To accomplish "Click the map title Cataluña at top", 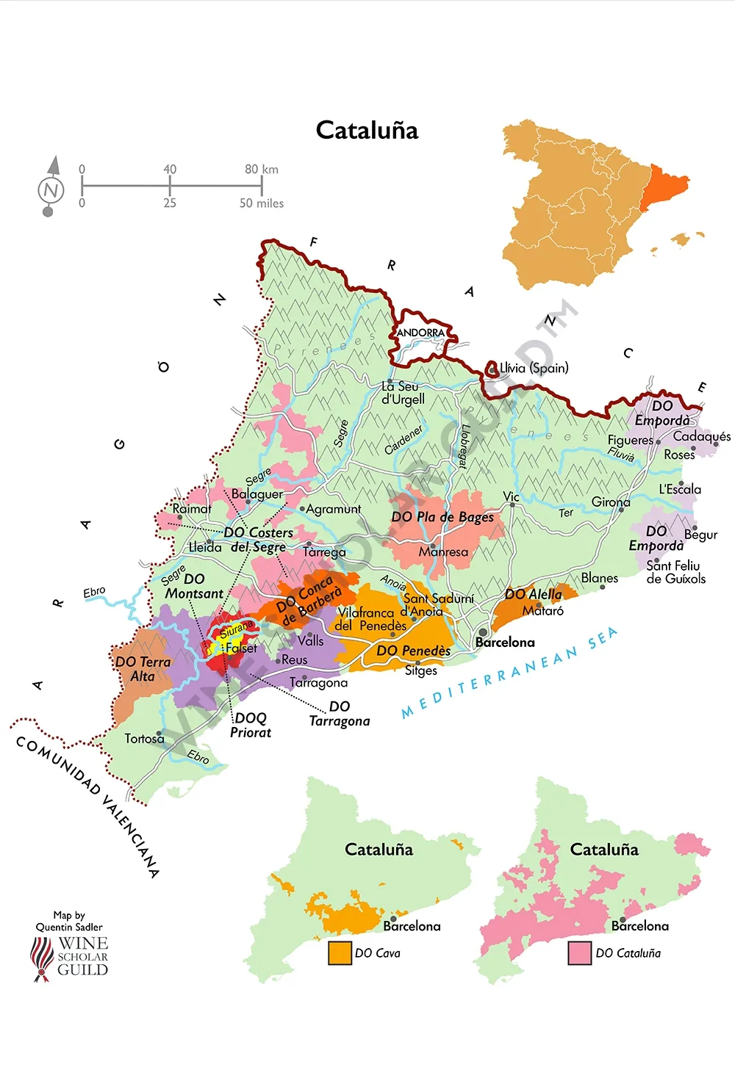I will [x=367, y=130].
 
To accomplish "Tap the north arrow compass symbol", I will [x=51, y=188].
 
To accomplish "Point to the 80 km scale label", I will [x=261, y=169].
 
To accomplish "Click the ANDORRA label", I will [x=420, y=333].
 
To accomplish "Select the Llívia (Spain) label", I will [x=534, y=368].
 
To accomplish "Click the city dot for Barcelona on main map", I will [x=483, y=632].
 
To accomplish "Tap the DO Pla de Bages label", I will [x=442, y=517].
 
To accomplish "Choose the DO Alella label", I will [x=533, y=594].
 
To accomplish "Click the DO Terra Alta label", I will [x=143, y=668].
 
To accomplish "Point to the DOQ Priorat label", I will [x=251, y=725].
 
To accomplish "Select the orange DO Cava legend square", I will [x=340, y=952].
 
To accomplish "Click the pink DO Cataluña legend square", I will [x=580, y=952].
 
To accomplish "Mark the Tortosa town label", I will [x=144, y=738].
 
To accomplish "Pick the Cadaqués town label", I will [x=701, y=436].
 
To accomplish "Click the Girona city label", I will [x=611, y=502].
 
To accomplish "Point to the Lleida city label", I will [x=205, y=547].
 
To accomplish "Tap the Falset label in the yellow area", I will [x=241, y=648].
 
